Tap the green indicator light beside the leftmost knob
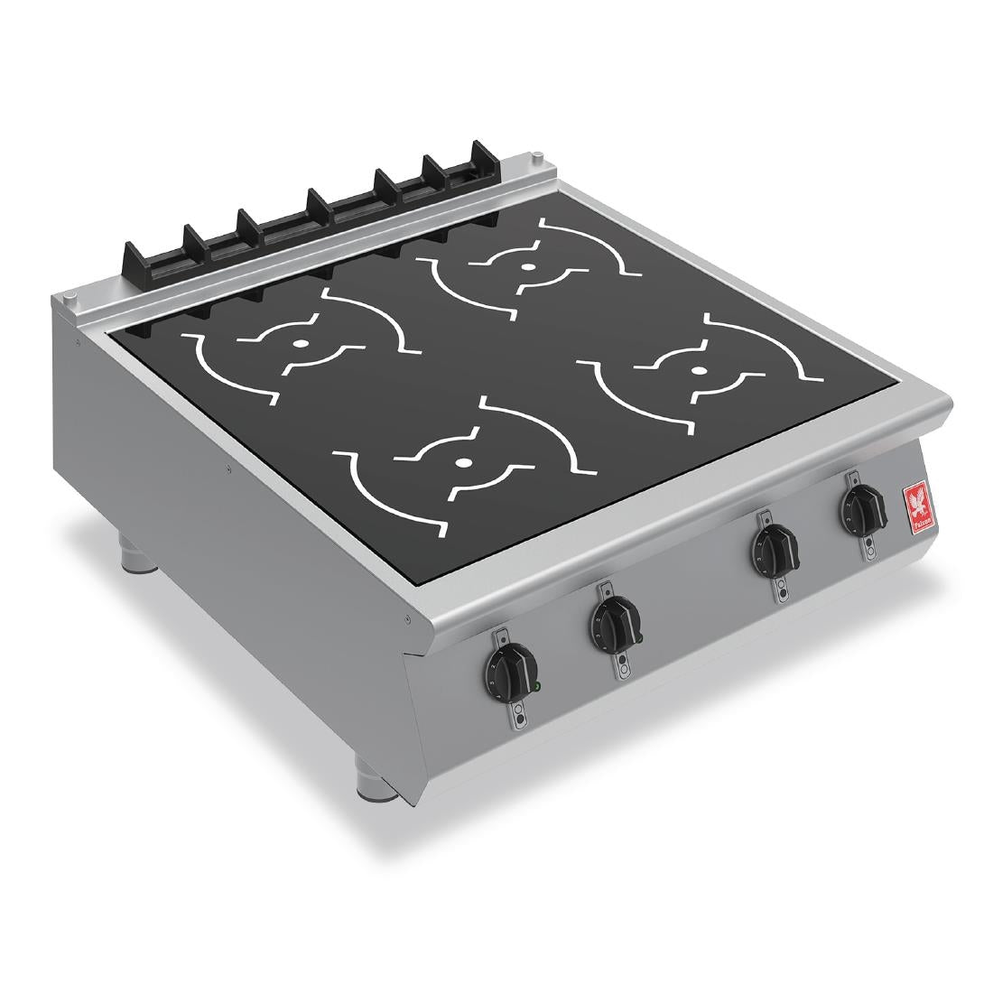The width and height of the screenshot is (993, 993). (x=537, y=687)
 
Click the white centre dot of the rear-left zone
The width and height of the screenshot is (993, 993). (x=300, y=344)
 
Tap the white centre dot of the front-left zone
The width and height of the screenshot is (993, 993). (x=463, y=463)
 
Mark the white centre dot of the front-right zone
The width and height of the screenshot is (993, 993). (x=698, y=370)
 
